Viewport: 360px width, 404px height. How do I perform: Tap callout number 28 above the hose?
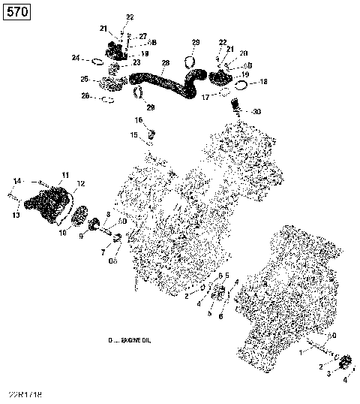166,62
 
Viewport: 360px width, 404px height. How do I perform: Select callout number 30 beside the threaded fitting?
257,111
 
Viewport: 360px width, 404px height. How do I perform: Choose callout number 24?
76,58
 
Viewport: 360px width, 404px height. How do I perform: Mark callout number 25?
85,79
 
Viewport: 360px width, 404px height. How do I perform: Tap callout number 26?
85,95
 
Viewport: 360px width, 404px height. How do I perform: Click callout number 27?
142,35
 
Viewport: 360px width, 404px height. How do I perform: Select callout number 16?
139,120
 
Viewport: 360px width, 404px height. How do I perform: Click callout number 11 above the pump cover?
65,175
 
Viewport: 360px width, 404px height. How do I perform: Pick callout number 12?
81,184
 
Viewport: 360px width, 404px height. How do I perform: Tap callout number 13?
16,216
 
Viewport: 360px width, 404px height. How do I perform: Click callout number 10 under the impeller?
64,233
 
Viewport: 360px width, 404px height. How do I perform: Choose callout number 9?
82,237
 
